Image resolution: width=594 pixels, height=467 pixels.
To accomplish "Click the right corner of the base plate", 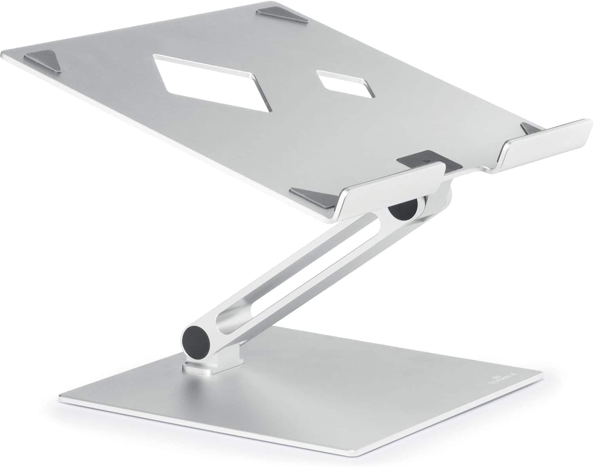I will pos(541,373).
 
